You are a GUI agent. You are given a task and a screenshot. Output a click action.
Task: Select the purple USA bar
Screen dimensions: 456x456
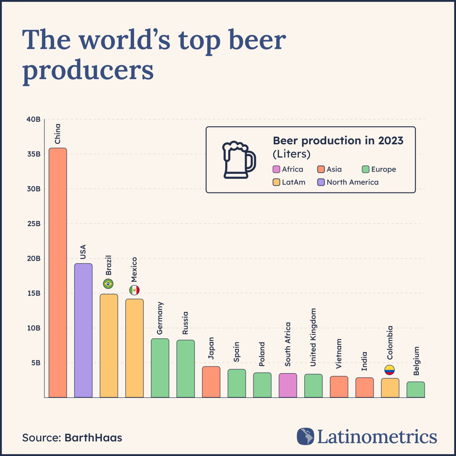[83, 330]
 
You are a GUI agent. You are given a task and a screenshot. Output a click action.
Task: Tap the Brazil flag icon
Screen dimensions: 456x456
[108, 283]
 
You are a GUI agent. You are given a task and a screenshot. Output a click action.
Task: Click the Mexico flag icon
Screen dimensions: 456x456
[134, 290]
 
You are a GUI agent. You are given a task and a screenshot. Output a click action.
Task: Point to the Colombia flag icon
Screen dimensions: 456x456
[389, 370]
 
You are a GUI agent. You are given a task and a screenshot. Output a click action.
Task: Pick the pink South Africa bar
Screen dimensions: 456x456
[288, 385]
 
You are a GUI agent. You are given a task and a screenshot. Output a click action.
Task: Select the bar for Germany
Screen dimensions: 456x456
[160, 368]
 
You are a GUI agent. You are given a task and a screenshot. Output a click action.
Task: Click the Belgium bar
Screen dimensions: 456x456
[415, 390]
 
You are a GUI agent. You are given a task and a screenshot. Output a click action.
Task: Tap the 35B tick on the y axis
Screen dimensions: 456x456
[34, 154]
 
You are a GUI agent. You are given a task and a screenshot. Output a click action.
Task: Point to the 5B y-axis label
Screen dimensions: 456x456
[36, 363]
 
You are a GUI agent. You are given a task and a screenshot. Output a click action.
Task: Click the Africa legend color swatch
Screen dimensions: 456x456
[276, 169]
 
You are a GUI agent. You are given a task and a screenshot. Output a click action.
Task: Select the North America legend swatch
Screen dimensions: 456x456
[321, 182]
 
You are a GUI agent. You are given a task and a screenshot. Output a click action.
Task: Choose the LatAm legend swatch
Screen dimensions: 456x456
[276, 182]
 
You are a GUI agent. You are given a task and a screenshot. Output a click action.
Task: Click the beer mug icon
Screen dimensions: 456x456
[238, 160]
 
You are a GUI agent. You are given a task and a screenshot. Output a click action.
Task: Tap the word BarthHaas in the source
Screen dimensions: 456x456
[93, 438]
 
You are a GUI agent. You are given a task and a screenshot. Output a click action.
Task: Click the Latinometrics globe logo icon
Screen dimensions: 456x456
[305, 436]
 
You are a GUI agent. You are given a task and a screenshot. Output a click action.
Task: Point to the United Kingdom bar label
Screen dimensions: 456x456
[313, 337]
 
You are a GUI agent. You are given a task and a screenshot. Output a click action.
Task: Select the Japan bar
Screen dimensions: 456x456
[211, 382]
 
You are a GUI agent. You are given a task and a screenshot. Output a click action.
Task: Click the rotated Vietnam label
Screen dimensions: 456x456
[338, 354]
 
